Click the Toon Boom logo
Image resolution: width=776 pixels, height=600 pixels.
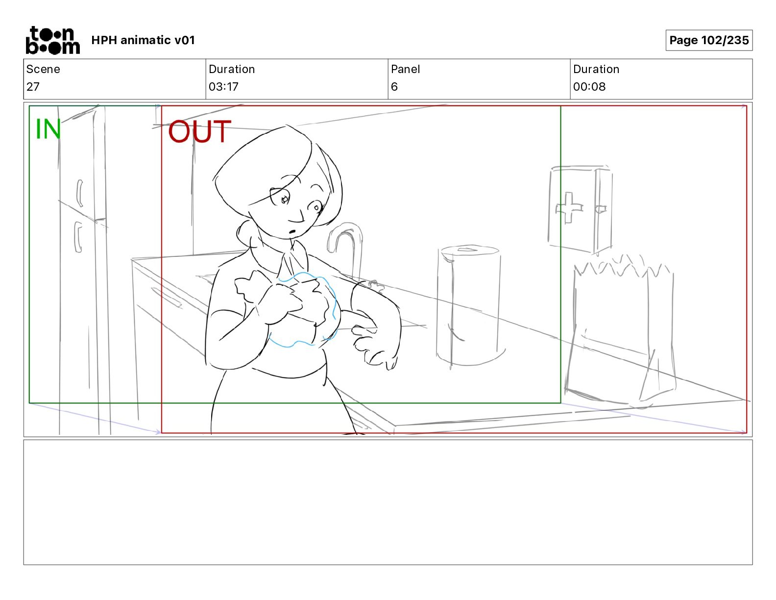pos(53,40)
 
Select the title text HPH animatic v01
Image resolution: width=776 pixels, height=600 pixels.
pos(143,40)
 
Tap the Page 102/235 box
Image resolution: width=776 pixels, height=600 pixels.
pos(709,40)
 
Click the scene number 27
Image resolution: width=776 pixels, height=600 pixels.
pos(33,86)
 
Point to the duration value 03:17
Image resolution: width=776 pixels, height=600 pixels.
pos(223,86)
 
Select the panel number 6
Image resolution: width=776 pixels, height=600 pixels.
pos(394,86)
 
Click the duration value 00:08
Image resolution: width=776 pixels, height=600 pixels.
pos(589,86)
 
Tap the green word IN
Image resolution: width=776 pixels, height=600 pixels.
pos(48,129)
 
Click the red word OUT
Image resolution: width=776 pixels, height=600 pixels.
pos(199,131)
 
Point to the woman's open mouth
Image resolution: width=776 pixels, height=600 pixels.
pos(292,231)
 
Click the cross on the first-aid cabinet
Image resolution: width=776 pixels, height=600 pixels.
pos(569,208)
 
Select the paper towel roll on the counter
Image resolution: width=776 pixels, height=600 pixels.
pos(469,305)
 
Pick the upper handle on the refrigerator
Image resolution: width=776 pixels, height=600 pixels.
pos(80,193)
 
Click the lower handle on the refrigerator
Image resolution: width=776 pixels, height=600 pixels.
pos(78,237)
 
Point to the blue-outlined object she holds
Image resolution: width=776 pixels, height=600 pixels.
pos(302,309)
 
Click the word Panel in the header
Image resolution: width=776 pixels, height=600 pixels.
pos(405,69)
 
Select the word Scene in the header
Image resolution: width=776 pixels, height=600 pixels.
pos(43,69)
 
